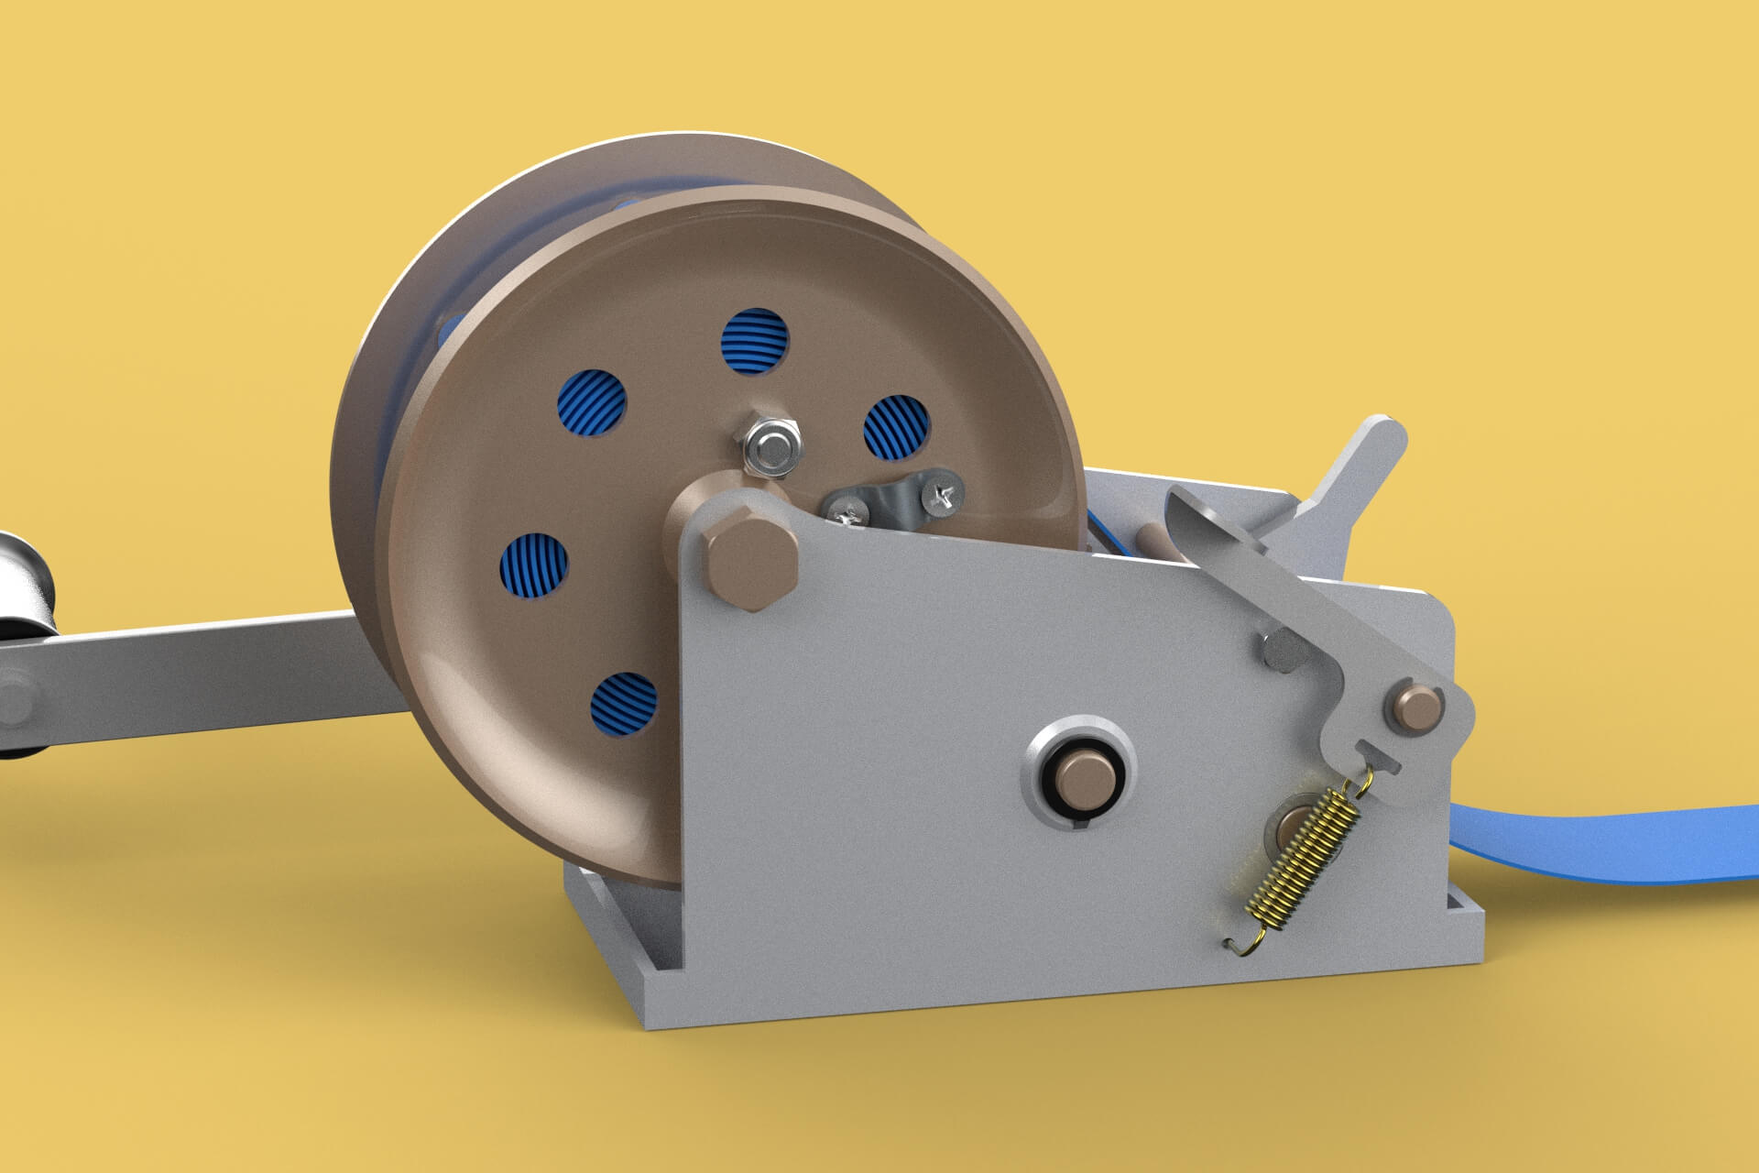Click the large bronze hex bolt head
pyautogui.click(x=749, y=559)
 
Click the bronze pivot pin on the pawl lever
pyautogui.click(x=1418, y=707)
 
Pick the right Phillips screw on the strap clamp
pyautogui.click(x=944, y=495)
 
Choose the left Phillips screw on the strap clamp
pyautogui.click(x=848, y=510)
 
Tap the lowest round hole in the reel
pyautogui.click(x=625, y=705)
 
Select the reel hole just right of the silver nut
pyautogui.click(x=897, y=427)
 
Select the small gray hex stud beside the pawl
pyautogui.click(x=1283, y=649)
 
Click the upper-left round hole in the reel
pyautogui.click(x=592, y=402)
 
